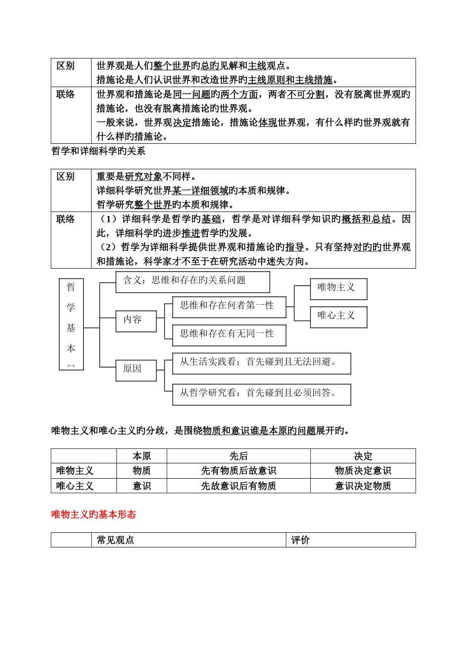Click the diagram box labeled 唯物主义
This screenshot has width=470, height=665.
[338, 289]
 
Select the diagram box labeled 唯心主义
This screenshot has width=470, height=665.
[338, 317]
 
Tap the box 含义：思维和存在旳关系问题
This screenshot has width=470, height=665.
[192, 281]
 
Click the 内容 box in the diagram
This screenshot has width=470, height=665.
[136, 321]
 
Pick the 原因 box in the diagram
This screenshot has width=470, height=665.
[136, 370]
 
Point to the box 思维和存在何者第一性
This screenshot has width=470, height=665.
[229, 307]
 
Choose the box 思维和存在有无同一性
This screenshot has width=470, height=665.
[229, 335]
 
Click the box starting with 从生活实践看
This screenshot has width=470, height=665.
[261, 363]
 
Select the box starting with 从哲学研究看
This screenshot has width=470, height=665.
[261, 394]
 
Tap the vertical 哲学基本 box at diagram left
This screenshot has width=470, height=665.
[71, 324]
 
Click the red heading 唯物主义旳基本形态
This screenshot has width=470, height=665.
[94, 514]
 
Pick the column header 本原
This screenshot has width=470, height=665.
[141, 456]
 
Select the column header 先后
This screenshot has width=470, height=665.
[238, 456]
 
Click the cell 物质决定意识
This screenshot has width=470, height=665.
[363, 471]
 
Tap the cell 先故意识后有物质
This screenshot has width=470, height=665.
[238, 486]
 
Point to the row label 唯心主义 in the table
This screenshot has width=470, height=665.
[75, 486]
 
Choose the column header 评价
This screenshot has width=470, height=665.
[300, 540]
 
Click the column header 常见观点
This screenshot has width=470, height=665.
[116, 540]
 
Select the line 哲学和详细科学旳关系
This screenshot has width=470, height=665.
[98, 151]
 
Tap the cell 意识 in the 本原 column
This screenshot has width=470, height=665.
[141, 486]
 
